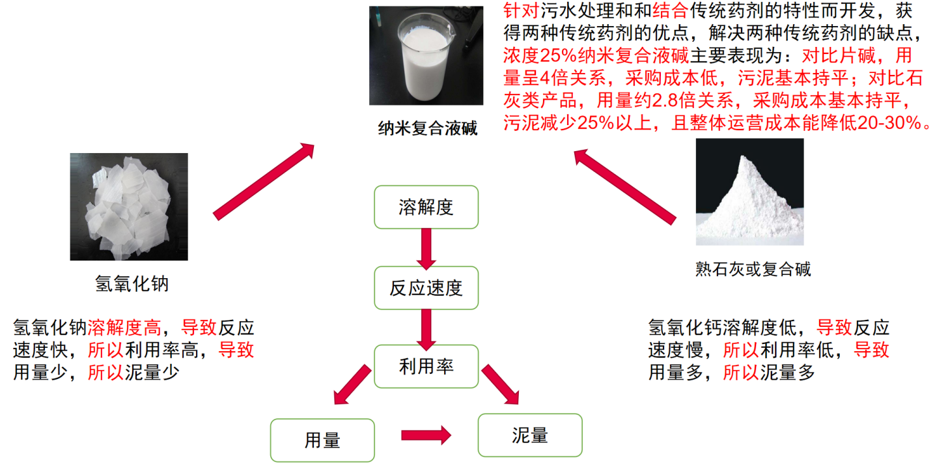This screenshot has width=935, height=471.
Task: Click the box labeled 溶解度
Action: [x=426, y=207]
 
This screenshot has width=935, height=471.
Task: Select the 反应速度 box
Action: [x=426, y=288]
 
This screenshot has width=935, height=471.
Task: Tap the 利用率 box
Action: [x=426, y=366]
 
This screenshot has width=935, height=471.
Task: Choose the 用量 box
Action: [x=322, y=440]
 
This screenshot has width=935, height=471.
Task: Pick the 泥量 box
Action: [x=530, y=435]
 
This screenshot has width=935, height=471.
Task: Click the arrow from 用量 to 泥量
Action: [x=426, y=436]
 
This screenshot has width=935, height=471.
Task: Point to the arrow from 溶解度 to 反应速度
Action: [x=426, y=249]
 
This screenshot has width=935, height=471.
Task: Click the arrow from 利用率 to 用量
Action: [x=352, y=384]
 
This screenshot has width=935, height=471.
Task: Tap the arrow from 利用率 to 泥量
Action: [x=501, y=384]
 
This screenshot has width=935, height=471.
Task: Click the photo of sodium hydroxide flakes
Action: [x=129, y=207]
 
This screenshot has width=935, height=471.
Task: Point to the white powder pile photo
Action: [x=749, y=192]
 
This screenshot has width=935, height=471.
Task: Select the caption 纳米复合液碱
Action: [x=427, y=128]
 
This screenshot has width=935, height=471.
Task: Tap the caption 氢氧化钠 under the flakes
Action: [x=132, y=284]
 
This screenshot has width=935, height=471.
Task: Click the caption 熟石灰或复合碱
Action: [x=753, y=269]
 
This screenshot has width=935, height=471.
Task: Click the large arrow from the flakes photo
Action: [x=264, y=182]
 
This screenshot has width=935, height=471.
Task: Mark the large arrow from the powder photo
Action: [x=625, y=187]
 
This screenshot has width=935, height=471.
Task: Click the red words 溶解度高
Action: [x=124, y=328]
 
